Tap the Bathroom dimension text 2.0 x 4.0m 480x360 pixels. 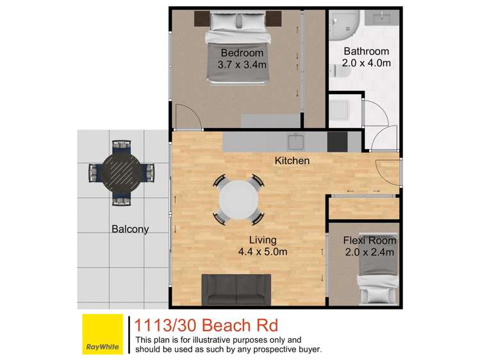pos(366,63)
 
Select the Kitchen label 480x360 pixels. pos(292,161)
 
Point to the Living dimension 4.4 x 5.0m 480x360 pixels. pos(263,252)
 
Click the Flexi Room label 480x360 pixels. pos(369,241)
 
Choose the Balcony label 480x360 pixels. pos(130,229)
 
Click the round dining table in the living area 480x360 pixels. pos(239,200)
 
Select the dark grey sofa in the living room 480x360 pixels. pos(236,290)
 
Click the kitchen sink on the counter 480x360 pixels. pos(296,141)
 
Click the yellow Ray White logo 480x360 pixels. pos(103,335)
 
